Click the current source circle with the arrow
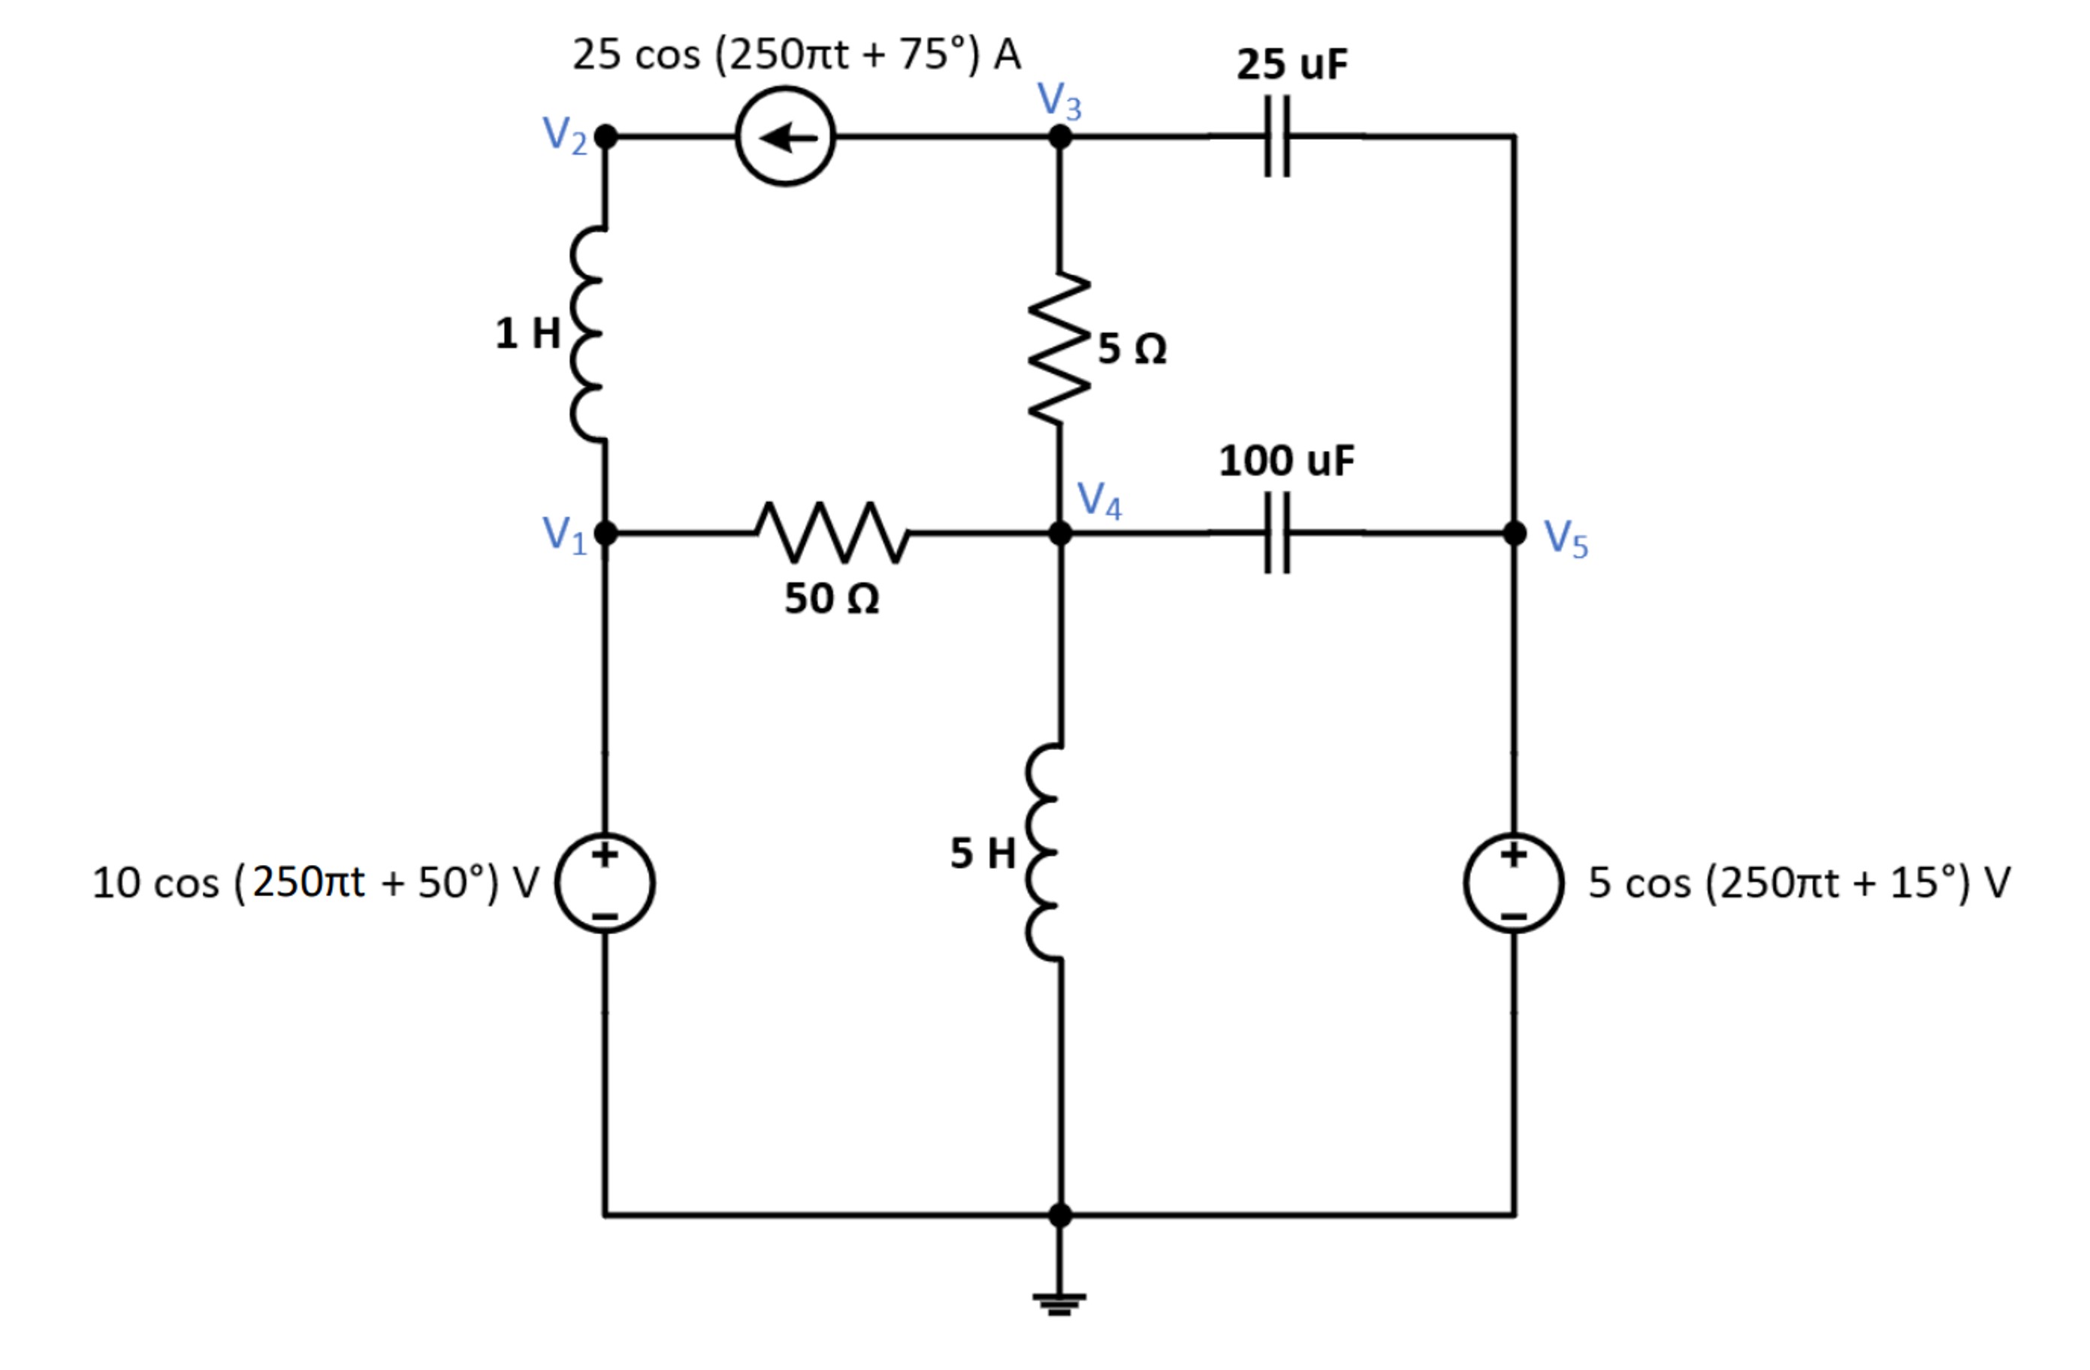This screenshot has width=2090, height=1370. point(785,137)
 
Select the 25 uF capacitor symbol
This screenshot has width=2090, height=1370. point(1277,137)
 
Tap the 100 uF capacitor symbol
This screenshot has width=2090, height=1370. point(1277,533)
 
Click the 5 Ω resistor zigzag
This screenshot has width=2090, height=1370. point(1060,349)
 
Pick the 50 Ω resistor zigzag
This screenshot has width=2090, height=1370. point(832,533)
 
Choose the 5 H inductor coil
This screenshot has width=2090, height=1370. point(1045,854)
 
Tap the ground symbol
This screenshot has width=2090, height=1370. point(1060,1303)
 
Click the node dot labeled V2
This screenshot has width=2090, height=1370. point(605,137)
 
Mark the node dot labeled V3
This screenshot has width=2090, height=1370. point(1060,137)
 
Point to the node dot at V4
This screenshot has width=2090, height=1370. point(1060,533)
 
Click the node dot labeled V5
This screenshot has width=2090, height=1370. point(1514,533)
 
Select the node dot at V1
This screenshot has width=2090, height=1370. point(605,533)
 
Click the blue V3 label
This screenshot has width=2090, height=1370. point(1059,100)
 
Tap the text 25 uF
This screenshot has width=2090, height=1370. point(1291,65)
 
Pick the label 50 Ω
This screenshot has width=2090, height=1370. point(831,599)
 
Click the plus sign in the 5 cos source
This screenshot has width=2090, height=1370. point(1512,854)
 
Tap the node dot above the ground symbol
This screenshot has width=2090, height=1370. point(1060,1215)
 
